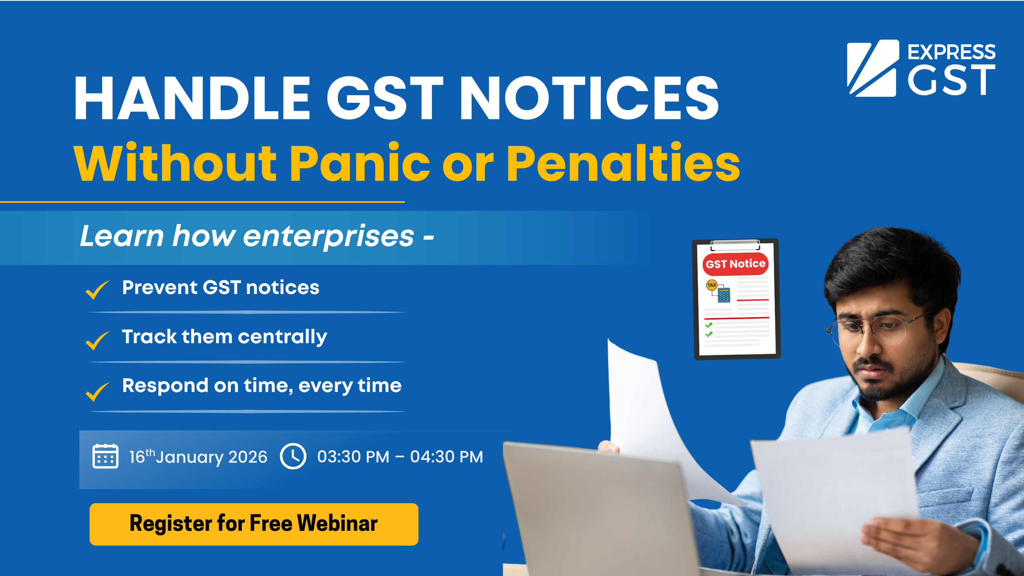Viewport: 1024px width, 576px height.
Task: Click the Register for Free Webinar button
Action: click(254, 524)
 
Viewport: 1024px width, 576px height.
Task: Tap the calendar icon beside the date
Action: click(105, 456)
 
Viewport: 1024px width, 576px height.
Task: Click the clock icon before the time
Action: click(293, 456)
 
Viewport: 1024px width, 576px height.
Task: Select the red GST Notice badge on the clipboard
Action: click(735, 264)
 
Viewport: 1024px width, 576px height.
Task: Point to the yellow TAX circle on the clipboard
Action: click(712, 285)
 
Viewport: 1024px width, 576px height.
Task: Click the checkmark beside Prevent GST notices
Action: click(97, 289)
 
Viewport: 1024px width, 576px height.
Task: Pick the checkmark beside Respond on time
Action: click(97, 391)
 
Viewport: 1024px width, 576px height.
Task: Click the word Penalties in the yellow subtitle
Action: click(623, 163)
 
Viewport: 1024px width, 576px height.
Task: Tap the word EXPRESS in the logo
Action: click(951, 52)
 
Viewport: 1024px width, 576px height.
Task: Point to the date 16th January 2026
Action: click(198, 457)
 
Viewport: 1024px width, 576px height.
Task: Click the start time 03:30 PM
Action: click(353, 457)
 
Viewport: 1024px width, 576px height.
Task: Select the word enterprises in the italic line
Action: click(328, 236)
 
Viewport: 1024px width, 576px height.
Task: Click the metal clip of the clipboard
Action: click(735, 244)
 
